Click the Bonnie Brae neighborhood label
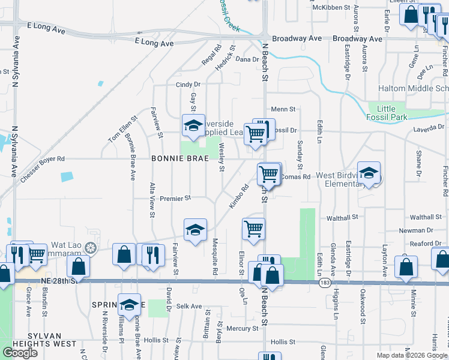point(179,158)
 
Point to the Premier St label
point(175,198)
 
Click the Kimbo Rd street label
point(239,197)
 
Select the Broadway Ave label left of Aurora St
point(297,38)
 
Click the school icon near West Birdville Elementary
point(369,173)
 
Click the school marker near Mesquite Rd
point(195,230)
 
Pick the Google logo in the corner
point(20,352)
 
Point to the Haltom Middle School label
point(414,88)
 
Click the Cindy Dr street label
point(187,85)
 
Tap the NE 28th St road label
point(60,281)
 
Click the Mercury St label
point(243,328)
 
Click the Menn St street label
point(283,109)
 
